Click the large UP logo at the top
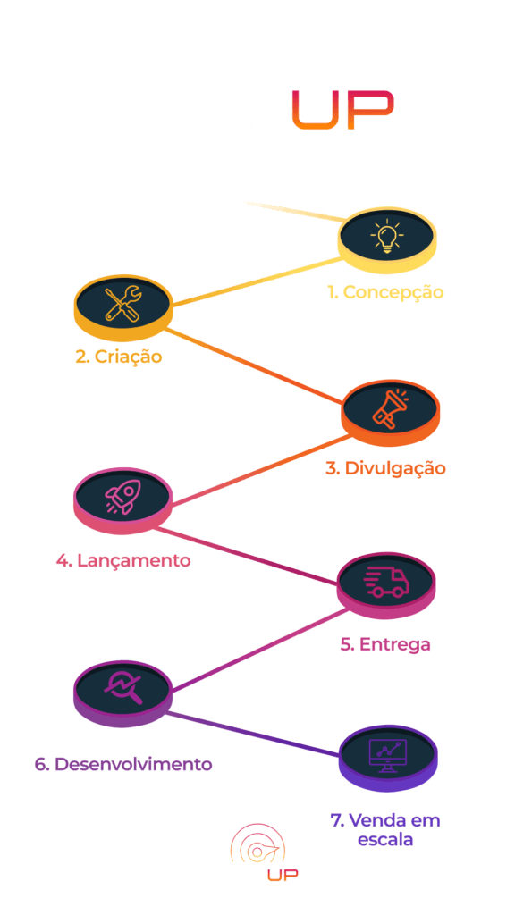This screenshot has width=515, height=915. point(342,110)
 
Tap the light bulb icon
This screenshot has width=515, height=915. point(386,237)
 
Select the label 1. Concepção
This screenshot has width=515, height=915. point(385,292)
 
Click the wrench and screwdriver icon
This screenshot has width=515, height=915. point(122,303)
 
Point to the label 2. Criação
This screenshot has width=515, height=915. point(119,357)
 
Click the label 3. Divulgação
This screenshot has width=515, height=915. point(385,468)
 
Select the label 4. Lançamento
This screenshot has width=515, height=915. point(123,561)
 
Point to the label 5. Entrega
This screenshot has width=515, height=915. point(385,644)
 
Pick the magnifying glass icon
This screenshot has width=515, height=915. point(122,685)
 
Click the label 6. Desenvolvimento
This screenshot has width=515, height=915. point(123,764)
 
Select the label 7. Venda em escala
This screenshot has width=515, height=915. point(385,830)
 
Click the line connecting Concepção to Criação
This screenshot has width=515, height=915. point(257,281)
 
